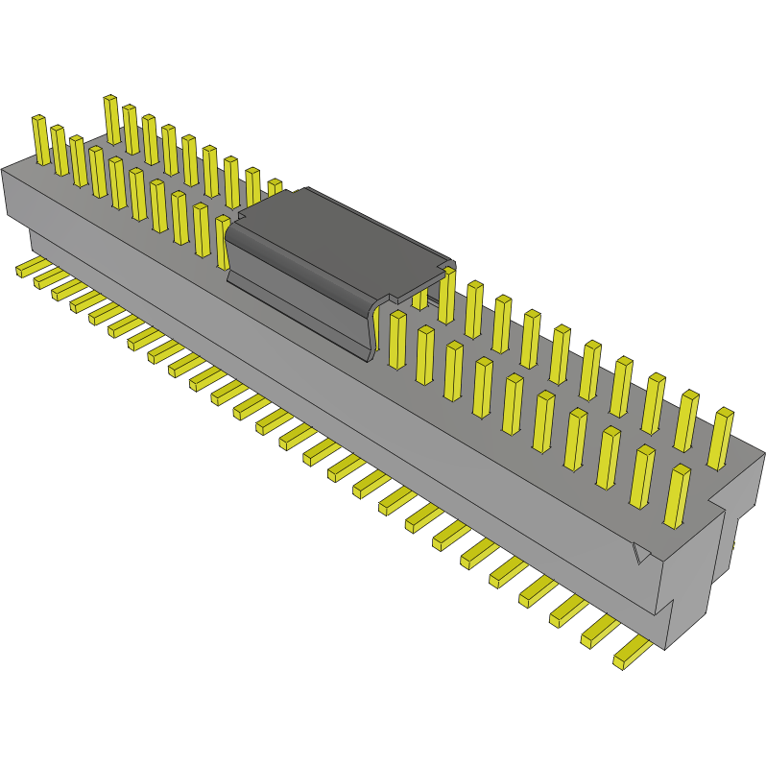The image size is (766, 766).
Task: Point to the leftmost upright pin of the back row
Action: click(x=112, y=119)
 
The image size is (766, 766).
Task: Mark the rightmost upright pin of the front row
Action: click(x=677, y=495)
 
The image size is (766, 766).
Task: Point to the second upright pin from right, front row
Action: click(x=641, y=476)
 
